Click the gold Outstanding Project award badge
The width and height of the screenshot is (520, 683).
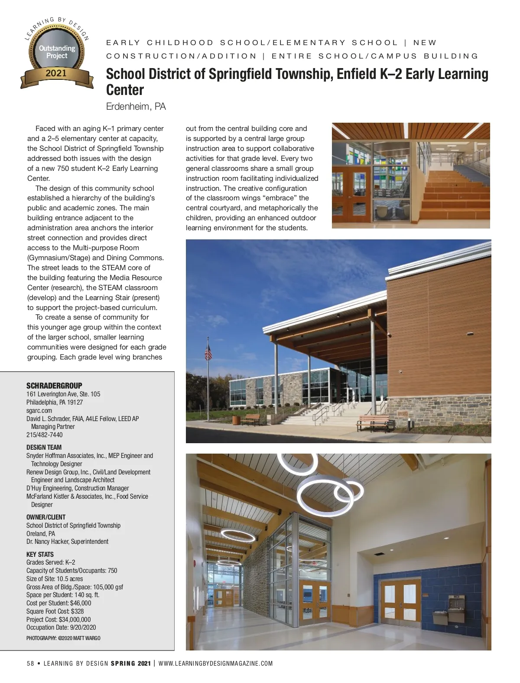[57, 52]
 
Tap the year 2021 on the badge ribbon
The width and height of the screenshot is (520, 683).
[56, 73]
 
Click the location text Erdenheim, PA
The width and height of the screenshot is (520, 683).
[136, 107]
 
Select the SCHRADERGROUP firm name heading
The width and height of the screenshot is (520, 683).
[54, 386]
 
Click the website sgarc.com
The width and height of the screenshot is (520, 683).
[39, 410]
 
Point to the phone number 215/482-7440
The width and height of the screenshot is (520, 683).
[44, 435]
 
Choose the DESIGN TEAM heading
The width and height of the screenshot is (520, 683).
[44, 447]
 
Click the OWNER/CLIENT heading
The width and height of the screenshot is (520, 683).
[46, 517]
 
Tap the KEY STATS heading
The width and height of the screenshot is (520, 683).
[40, 554]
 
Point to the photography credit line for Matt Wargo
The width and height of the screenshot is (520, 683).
[63, 638]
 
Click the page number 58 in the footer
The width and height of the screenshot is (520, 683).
[30, 663]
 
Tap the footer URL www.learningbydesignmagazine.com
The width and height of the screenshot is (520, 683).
[216, 663]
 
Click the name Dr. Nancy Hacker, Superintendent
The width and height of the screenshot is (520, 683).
[67, 541]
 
